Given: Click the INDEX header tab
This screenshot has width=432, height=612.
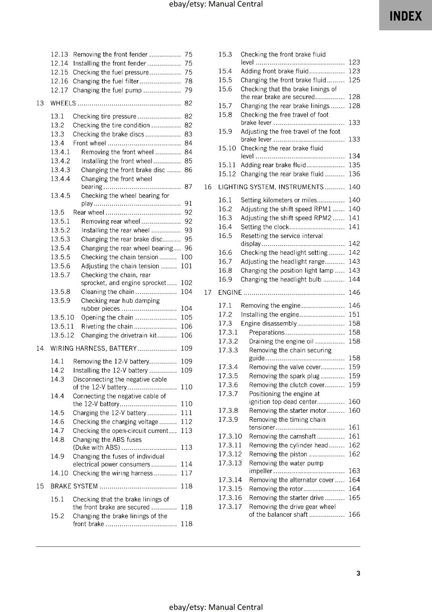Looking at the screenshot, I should (x=405, y=16).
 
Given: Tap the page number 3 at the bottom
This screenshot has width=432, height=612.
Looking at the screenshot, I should (x=358, y=573).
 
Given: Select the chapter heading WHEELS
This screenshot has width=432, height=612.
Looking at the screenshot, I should (x=63, y=103).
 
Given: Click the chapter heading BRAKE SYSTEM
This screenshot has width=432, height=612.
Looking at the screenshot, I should (x=74, y=486).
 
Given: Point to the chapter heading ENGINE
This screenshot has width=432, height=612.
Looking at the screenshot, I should (x=230, y=293).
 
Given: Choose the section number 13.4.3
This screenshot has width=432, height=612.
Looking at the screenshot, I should (x=60, y=170).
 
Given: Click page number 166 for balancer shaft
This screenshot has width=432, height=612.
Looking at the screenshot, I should (x=354, y=514).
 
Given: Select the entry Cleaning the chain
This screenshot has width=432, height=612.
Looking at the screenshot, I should (x=107, y=292).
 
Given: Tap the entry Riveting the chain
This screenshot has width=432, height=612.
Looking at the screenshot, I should (x=107, y=326).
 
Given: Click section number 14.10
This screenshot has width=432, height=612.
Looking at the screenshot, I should (x=59, y=473).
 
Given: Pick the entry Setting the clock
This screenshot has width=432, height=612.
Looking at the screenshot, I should (x=265, y=227).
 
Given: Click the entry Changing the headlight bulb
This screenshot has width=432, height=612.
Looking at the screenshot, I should (x=281, y=280).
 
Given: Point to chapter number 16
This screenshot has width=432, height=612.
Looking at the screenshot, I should (x=208, y=187).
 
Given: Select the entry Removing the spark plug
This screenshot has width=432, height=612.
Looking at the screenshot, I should (x=284, y=376).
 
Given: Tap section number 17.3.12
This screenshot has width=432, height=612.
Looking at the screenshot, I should (x=230, y=454).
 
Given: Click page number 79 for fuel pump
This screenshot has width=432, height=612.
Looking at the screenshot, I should (x=188, y=90).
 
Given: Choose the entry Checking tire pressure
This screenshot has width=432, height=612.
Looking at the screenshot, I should (x=104, y=116).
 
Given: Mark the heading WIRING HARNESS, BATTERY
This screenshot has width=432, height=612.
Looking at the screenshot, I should (x=94, y=348).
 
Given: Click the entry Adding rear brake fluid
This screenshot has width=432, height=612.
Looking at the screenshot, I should (x=273, y=165).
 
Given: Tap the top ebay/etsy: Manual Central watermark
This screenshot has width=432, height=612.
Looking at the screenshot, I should (x=216, y=4).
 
